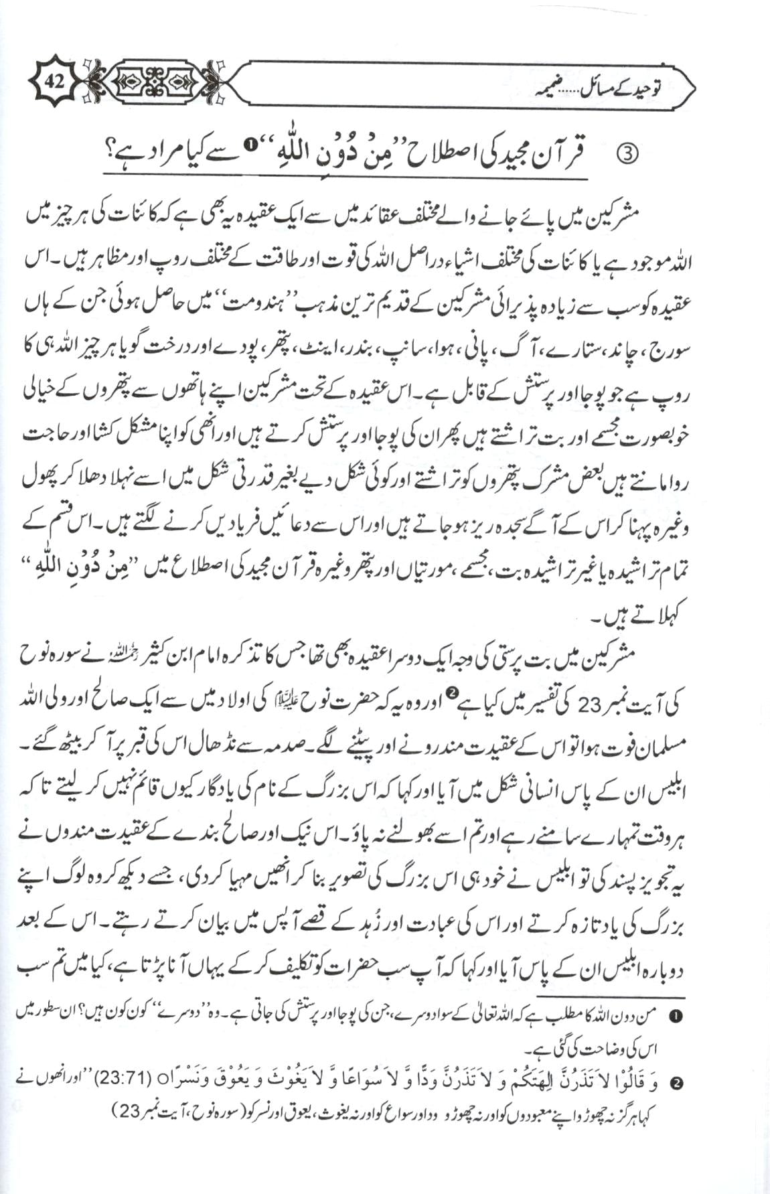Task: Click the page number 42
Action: pos(54,83)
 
